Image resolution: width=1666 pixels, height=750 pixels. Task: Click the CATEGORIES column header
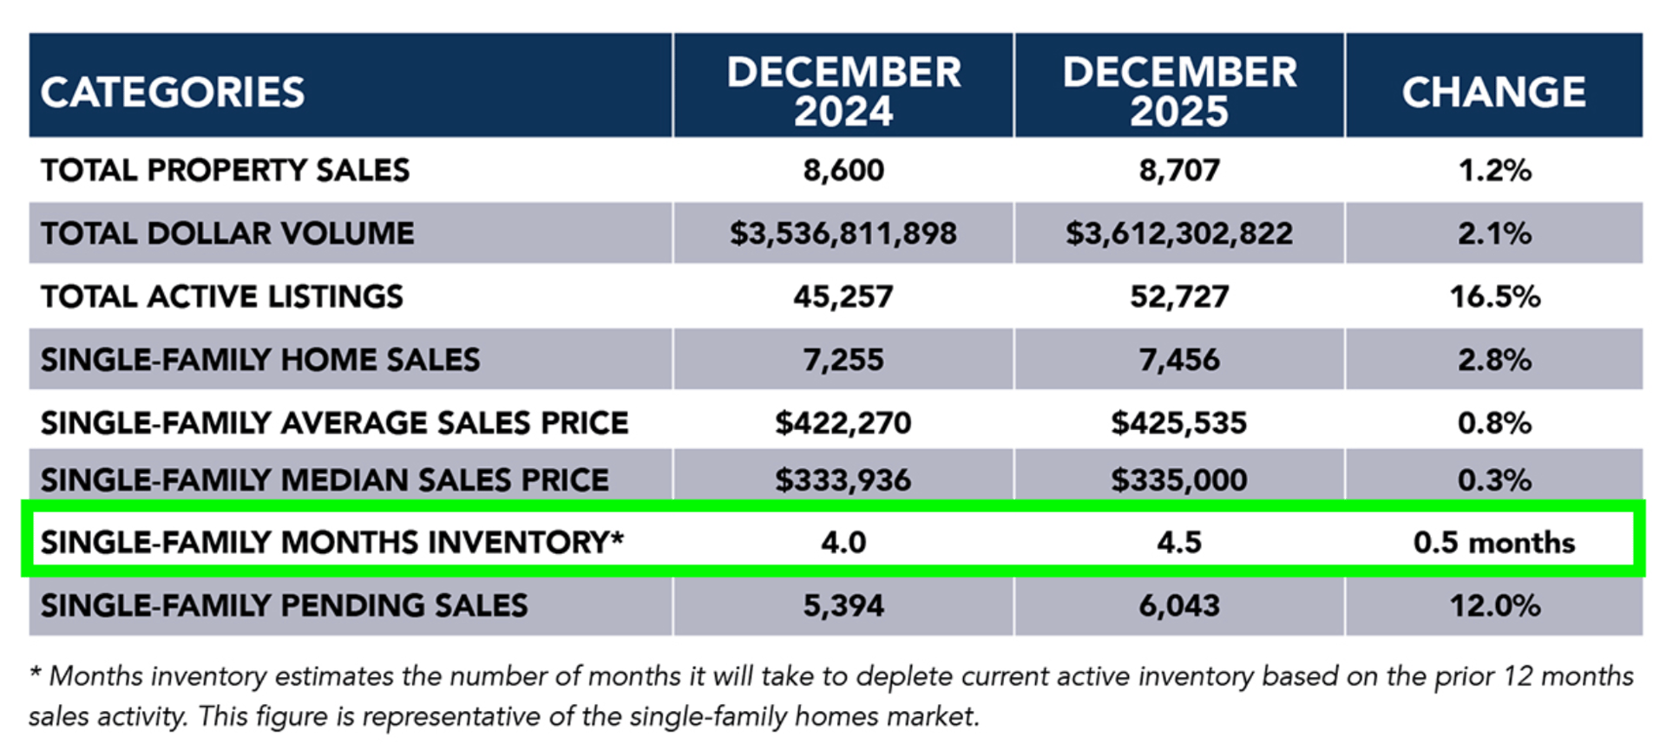[173, 92]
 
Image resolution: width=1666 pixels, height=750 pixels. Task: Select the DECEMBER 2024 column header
[843, 91]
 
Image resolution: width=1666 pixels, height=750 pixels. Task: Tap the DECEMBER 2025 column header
[1179, 91]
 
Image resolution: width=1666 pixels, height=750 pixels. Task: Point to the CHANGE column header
[1493, 92]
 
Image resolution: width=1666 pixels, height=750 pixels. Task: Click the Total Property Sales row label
[225, 170]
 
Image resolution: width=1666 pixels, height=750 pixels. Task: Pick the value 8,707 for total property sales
[1179, 170]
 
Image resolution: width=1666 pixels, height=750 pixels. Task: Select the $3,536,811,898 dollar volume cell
[843, 233]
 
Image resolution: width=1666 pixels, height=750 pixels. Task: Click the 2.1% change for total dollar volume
[1493, 233]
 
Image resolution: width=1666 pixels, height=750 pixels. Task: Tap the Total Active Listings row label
[221, 297]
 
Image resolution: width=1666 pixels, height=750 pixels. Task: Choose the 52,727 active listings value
[1179, 297]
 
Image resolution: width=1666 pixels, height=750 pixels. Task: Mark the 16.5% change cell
[1494, 297]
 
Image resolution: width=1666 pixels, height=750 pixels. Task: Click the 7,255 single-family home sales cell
[843, 360]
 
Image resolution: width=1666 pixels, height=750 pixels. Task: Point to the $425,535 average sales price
[1179, 423]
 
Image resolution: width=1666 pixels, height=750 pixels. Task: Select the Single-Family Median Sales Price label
[325, 479]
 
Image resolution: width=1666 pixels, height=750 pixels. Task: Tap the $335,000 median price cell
[1179, 479]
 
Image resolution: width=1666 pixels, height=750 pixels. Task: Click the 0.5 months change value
[1493, 543]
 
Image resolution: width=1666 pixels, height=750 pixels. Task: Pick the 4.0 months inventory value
[843, 543]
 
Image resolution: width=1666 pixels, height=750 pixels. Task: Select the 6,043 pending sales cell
[1179, 605]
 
